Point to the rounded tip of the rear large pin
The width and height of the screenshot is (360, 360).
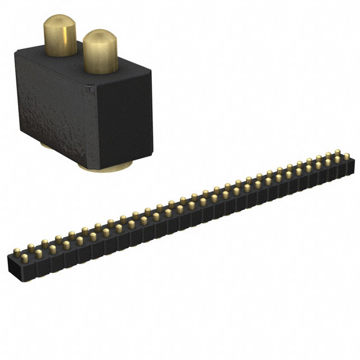pos(60,21)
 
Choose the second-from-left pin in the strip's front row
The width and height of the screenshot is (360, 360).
pos(38,254)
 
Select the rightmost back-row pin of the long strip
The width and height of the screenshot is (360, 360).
pos(337,152)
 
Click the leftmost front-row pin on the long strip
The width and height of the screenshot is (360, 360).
pos(24,258)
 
